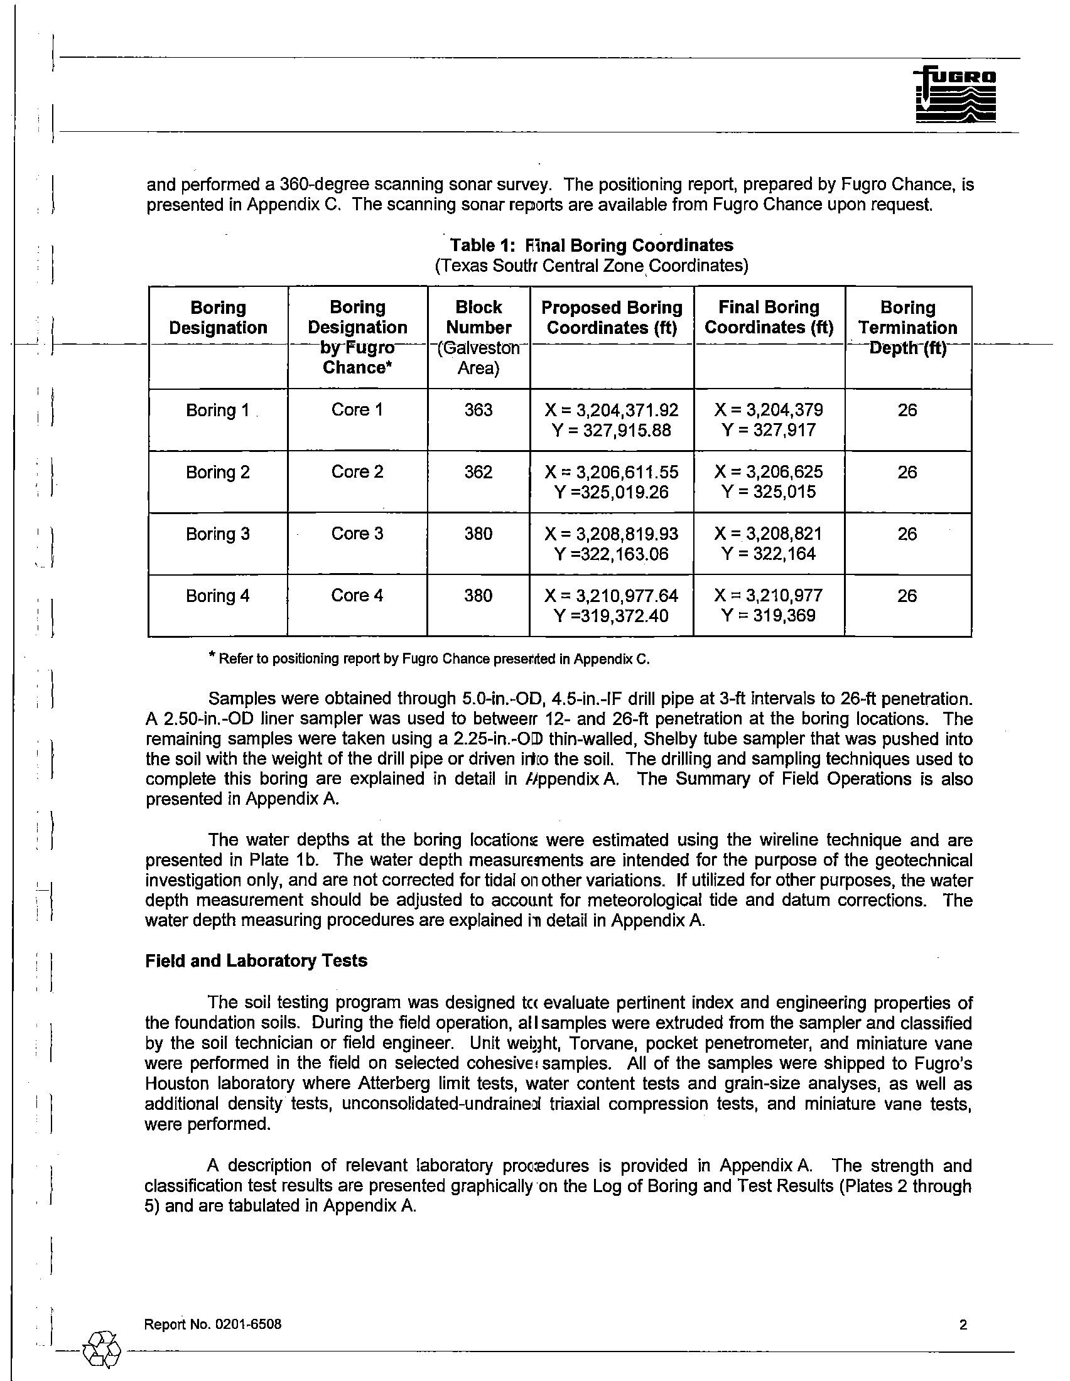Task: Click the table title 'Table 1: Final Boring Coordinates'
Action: coord(592,245)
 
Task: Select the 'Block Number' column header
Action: coord(478,318)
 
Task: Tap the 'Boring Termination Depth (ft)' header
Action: coord(907,328)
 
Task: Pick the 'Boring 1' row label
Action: coord(217,411)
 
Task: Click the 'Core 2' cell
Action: coord(357,471)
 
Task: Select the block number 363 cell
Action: coord(478,410)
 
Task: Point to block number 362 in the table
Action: coord(478,471)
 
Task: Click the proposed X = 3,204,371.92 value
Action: coord(612,410)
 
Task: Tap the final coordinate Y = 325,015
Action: coord(769,492)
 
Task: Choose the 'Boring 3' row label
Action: coord(217,534)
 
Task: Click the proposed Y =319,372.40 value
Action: coord(612,615)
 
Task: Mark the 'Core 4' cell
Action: coord(357,596)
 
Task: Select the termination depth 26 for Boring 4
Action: coord(907,596)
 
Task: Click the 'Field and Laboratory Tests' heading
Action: coord(256,960)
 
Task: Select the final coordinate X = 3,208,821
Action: coord(769,534)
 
